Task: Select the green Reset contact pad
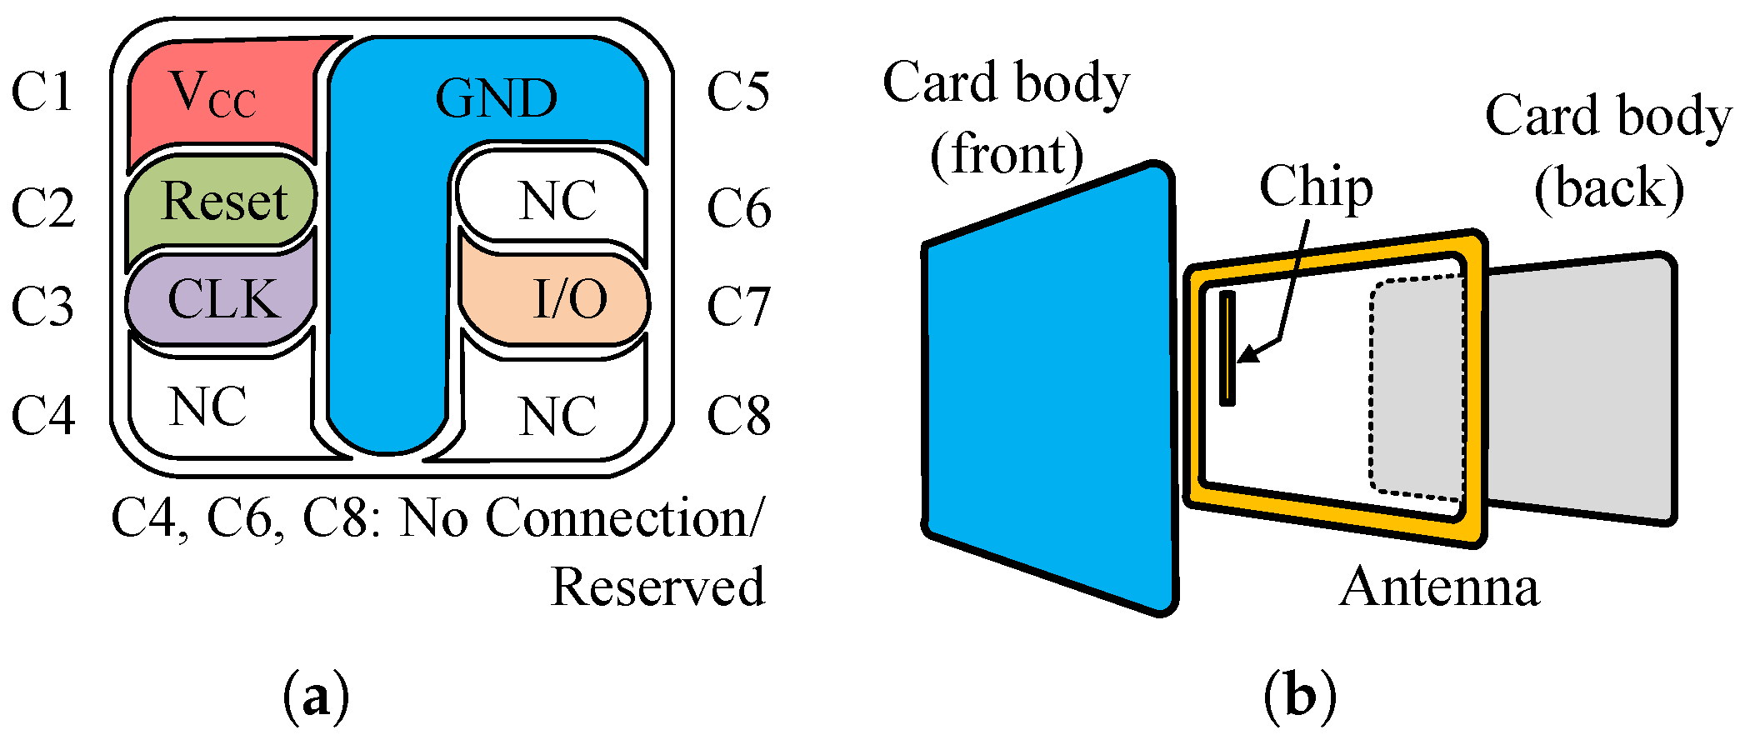pyautogui.click(x=223, y=202)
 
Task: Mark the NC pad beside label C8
pyautogui.click(x=557, y=415)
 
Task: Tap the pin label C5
pyautogui.click(x=738, y=92)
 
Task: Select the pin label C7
pyautogui.click(x=738, y=307)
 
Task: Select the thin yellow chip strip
pyautogui.click(x=1227, y=348)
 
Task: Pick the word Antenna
pyautogui.click(x=1439, y=587)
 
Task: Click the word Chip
pyautogui.click(x=1315, y=187)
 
